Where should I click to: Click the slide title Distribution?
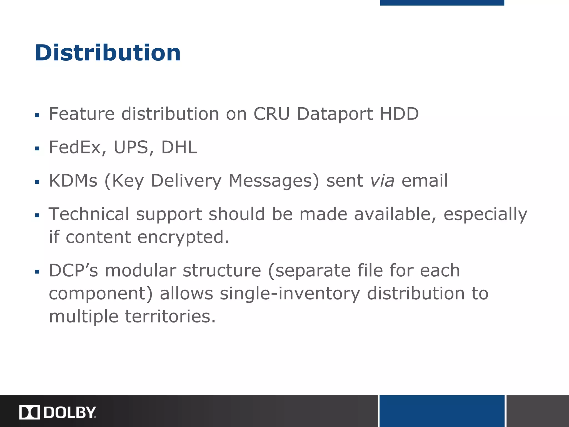click(x=108, y=53)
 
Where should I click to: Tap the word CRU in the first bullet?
click(x=271, y=114)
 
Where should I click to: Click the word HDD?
click(x=399, y=114)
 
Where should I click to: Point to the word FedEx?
click(x=74, y=147)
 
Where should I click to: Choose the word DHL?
click(x=179, y=147)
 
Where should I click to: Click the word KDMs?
click(x=73, y=181)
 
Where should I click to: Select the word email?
click(x=425, y=181)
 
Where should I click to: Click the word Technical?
click(x=89, y=214)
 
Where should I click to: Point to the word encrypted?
click(x=183, y=238)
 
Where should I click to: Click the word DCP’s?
click(x=73, y=270)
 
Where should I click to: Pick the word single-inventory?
click(x=290, y=294)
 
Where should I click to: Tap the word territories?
click(x=170, y=317)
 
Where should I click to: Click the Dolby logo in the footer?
click(x=58, y=412)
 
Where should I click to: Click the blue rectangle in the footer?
click(x=442, y=411)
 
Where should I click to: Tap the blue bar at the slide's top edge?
click(x=442, y=3)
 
